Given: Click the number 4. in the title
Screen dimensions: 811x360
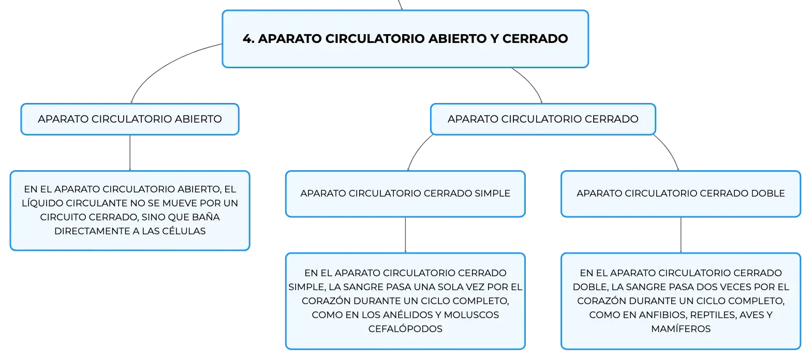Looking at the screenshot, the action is click(x=248, y=39).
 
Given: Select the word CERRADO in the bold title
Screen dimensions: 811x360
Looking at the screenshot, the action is click(x=535, y=39).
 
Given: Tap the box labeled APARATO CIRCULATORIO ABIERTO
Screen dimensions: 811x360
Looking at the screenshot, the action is click(x=130, y=119).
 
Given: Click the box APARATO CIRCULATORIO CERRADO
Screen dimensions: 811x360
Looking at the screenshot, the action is click(x=543, y=119).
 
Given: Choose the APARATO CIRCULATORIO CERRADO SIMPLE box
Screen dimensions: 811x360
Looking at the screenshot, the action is click(x=406, y=193).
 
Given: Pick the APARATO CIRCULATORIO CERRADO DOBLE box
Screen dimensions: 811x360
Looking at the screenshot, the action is click(x=681, y=193).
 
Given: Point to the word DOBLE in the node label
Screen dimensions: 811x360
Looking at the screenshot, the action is click(x=768, y=193).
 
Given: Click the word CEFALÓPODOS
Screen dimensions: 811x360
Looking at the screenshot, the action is click(x=406, y=328).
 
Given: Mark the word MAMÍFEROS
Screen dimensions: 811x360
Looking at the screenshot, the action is click(x=681, y=328).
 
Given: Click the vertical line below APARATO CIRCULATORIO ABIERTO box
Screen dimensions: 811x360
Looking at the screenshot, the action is click(x=130, y=153).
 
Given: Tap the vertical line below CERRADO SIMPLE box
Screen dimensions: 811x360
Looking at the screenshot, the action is click(x=406, y=235).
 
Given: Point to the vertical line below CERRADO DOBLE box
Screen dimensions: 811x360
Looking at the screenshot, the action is click(x=681, y=235).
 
